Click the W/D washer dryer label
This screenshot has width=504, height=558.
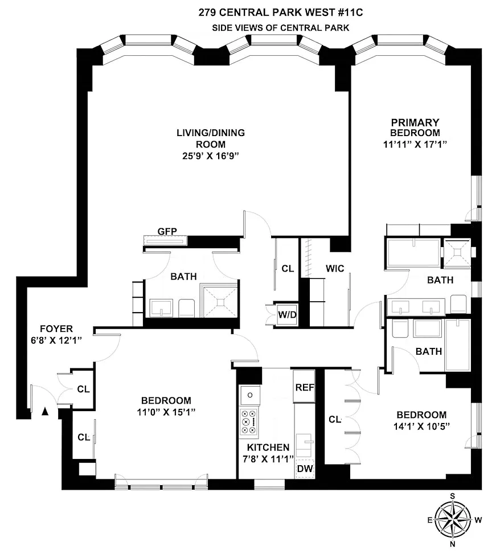coord(287,315)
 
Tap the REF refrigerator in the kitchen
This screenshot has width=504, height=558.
coord(304,387)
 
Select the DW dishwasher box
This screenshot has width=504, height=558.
coord(305,468)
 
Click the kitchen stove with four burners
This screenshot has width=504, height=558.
coord(249,422)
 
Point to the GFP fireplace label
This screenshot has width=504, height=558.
coord(167,231)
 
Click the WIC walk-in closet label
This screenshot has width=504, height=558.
coord(335,268)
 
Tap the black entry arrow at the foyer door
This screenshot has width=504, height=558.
coord(45,411)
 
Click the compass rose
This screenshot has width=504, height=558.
coord(452,519)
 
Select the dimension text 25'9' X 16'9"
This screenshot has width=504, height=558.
coord(210,156)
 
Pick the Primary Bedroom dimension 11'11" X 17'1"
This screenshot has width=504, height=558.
coord(415,144)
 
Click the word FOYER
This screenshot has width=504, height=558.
coord(56,329)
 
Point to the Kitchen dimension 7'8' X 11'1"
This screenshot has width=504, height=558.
coord(268,459)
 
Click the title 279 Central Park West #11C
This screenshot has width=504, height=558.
coord(280,13)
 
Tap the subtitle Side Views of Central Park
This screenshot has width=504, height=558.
coord(280,28)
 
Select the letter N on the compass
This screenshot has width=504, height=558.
coord(453,543)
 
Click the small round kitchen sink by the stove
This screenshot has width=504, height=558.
coord(250,395)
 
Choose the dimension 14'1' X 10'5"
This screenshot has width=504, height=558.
coord(421,426)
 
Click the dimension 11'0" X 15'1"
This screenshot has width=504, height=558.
coord(166,412)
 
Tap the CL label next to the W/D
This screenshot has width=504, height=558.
coord(288,268)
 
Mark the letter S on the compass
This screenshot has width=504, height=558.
coord(452,496)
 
